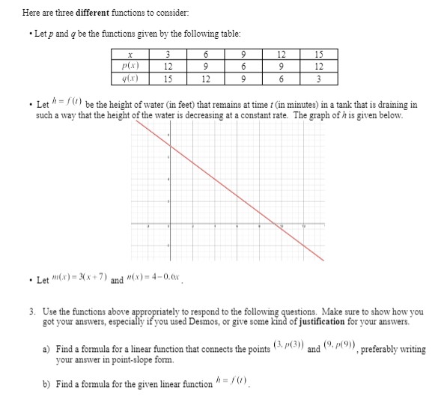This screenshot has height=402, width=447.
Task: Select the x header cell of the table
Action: tap(130, 54)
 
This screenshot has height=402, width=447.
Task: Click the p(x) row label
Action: tap(130, 66)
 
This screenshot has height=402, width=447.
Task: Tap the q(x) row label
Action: tap(130, 78)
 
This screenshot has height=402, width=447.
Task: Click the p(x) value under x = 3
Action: tap(168, 66)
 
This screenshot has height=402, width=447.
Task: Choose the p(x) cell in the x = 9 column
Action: tap(243, 66)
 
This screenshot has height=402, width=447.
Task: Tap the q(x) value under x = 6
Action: tap(205, 78)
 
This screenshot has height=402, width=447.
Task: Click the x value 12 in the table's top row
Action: tap(281, 54)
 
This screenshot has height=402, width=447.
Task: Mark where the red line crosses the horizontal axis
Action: tap(279, 224)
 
